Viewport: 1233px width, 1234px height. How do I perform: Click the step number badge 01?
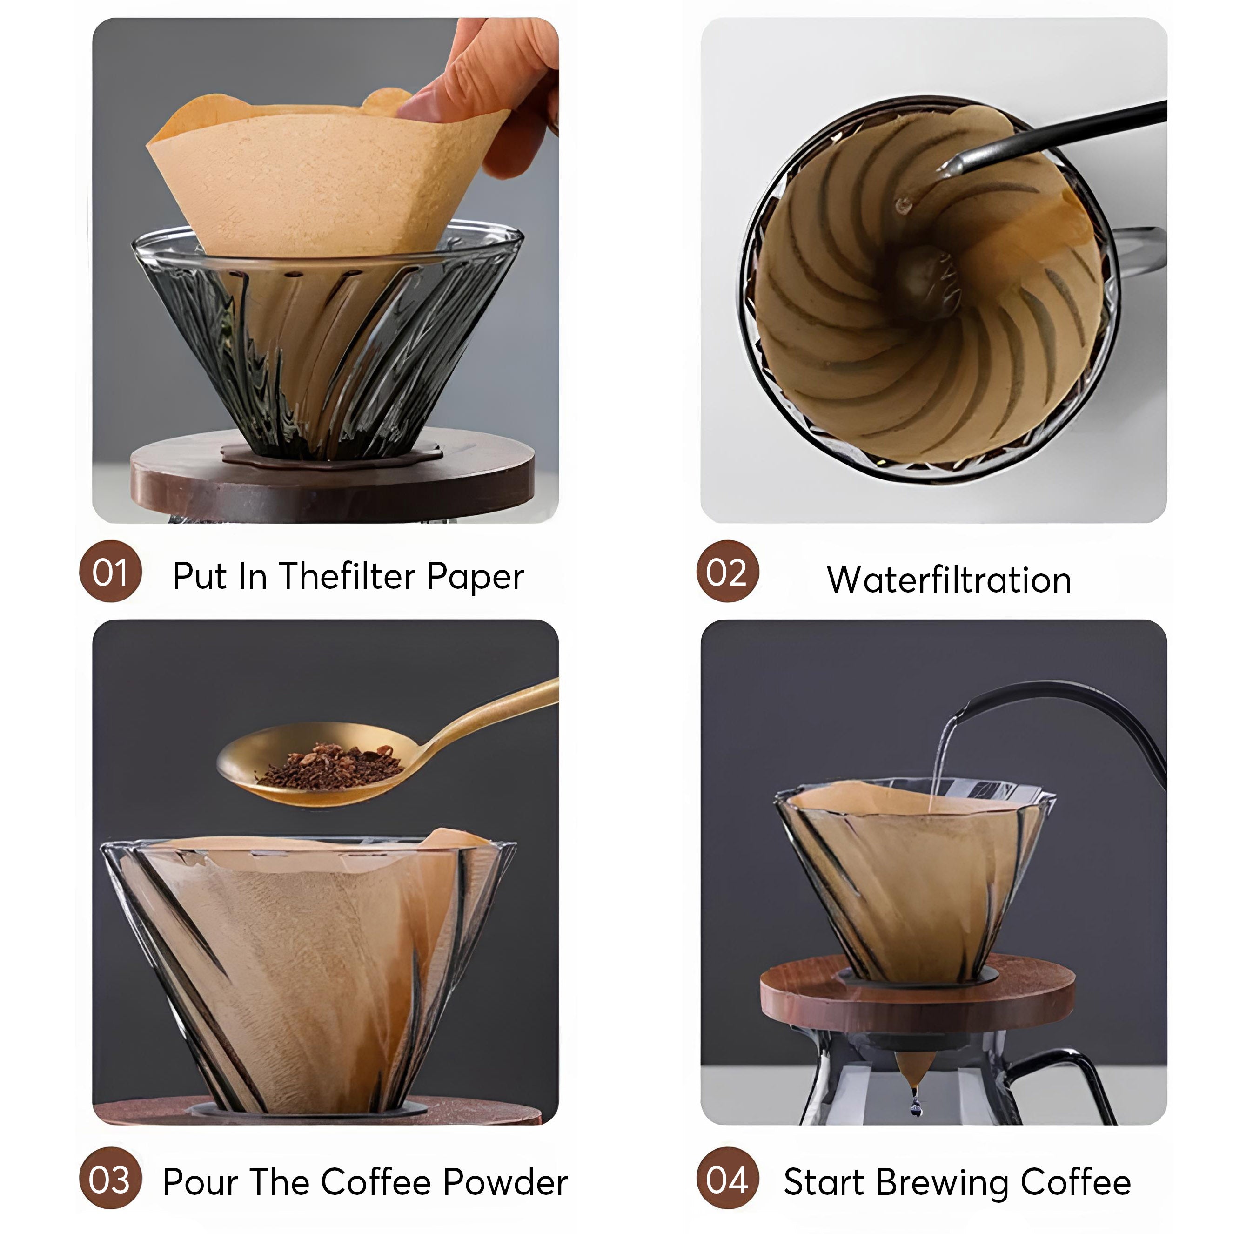click(x=110, y=572)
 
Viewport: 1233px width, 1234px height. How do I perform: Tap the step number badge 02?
click(x=727, y=572)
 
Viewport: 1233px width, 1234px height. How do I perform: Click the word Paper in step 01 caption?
click(x=475, y=577)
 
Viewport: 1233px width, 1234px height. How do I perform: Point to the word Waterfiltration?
click(x=949, y=580)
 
